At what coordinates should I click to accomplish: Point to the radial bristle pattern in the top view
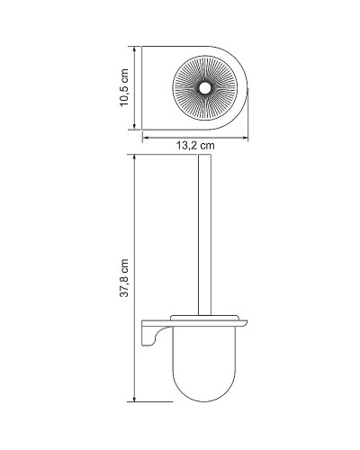(225, 76)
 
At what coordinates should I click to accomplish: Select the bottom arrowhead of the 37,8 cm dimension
(134, 398)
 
